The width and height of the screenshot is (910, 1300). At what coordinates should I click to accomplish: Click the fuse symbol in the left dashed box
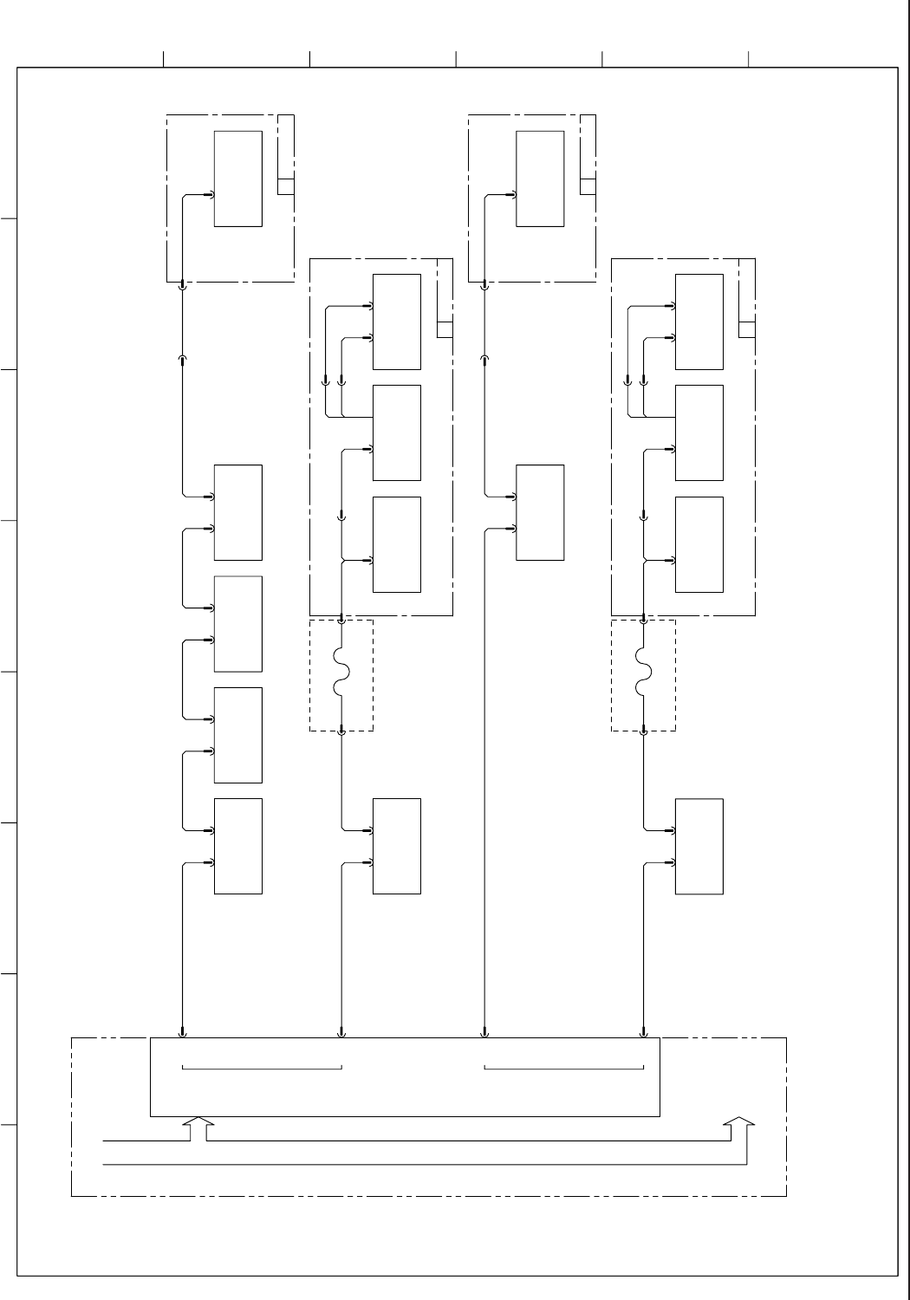pyautogui.click(x=341, y=676)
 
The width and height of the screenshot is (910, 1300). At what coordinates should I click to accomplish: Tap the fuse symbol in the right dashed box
pyautogui.click(x=643, y=676)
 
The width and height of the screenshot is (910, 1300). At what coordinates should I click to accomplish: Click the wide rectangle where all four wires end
pyautogui.click(x=405, y=1076)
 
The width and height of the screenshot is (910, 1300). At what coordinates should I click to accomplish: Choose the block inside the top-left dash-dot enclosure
pyautogui.click(x=238, y=179)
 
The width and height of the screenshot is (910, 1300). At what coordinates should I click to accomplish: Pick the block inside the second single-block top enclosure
pyautogui.click(x=540, y=179)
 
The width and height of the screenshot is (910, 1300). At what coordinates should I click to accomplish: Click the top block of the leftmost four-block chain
pyautogui.click(x=238, y=512)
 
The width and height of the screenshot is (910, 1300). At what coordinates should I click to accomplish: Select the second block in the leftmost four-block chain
pyautogui.click(x=238, y=623)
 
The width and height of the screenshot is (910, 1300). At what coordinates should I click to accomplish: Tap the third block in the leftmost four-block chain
pyautogui.click(x=238, y=735)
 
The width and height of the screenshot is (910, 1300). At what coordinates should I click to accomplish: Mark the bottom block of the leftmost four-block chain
pyautogui.click(x=238, y=846)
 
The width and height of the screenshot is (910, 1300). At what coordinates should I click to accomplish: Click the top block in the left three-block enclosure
pyautogui.click(x=397, y=322)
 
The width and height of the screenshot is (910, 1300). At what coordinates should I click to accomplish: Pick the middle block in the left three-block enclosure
pyautogui.click(x=397, y=432)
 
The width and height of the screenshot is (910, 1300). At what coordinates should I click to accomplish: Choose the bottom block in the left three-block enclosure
pyautogui.click(x=397, y=544)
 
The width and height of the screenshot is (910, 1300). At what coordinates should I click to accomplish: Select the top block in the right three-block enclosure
pyautogui.click(x=699, y=322)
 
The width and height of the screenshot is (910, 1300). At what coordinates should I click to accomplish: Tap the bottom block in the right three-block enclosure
pyautogui.click(x=699, y=544)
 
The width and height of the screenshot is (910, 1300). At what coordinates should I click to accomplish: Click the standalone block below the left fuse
pyautogui.click(x=397, y=846)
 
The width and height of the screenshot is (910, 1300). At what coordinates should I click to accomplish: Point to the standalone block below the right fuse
pyautogui.click(x=699, y=846)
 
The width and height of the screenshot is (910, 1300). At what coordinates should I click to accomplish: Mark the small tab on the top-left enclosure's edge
pyautogui.click(x=286, y=186)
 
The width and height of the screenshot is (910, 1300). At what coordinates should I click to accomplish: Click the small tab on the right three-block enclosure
pyautogui.click(x=747, y=329)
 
